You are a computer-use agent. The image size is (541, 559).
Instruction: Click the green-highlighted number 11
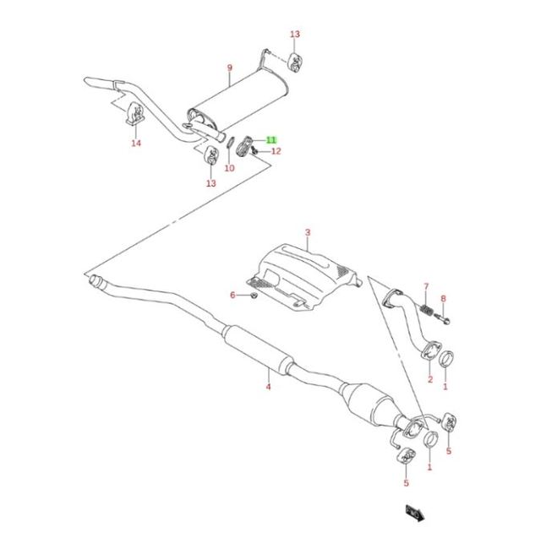click(x=271, y=140)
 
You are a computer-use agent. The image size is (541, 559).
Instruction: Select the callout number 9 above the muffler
click(x=229, y=68)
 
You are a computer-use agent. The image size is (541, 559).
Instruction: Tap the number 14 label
click(x=136, y=143)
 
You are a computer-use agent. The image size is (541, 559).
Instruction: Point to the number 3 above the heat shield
click(x=308, y=232)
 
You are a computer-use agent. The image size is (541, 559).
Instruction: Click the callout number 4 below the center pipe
click(x=268, y=386)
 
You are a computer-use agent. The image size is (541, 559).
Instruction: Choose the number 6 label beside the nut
click(x=232, y=295)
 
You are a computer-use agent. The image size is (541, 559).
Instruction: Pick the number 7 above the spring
click(x=426, y=286)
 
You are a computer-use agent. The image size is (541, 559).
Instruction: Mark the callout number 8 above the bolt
click(x=443, y=298)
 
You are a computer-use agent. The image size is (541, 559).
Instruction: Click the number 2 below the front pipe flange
click(x=430, y=379)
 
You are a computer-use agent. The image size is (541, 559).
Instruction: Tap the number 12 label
click(x=276, y=151)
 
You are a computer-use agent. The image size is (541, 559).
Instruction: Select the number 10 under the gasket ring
click(x=229, y=167)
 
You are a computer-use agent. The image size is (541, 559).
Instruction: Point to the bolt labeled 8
click(x=442, y=318)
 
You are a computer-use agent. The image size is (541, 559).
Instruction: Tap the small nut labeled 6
click(x=254, y=296)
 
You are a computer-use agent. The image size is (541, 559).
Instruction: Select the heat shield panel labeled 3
click(x=303, y=275)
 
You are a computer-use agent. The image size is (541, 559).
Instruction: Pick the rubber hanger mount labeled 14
click(x=135, y=114)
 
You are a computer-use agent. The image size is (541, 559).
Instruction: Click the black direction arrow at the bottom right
click(x=415, y=513)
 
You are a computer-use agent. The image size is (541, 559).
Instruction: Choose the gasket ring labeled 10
click(x=231, y=143)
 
